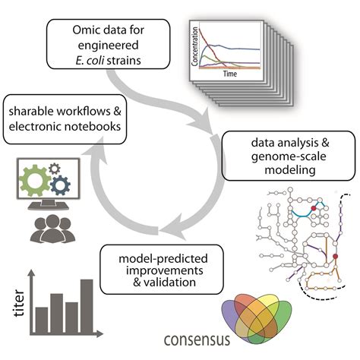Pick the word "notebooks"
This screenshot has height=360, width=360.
tap(89, 128)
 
